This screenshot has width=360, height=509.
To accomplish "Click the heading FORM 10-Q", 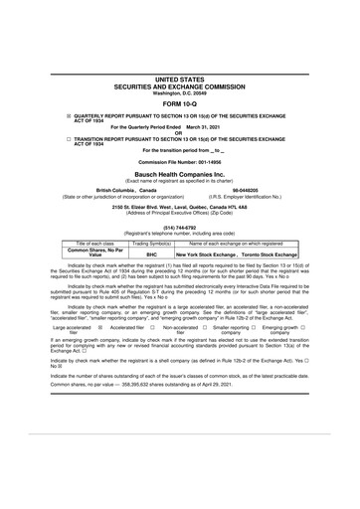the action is click(179, 102).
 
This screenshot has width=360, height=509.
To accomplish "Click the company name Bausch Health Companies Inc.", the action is click(179, 174).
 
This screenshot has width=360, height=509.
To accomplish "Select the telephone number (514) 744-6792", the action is click(179, 227).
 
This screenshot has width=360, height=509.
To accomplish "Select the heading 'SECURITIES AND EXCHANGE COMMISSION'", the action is click(179, 85).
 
